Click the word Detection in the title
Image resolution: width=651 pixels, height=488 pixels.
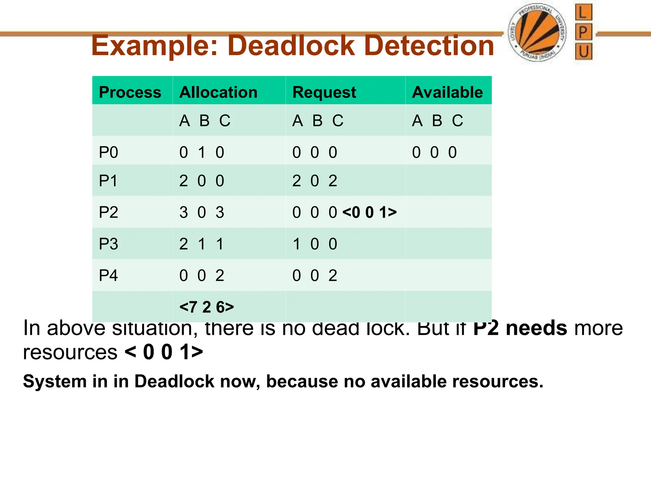pos(429,46)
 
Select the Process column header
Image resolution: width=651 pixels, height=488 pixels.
pos(130,92)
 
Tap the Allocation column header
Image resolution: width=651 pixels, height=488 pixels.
pos(218,92)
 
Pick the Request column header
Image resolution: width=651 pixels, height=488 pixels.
pos(324,92)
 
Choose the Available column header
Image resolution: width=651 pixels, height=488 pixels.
pos(447,92)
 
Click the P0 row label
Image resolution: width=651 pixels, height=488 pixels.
pos(108,152)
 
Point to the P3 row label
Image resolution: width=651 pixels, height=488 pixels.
pos(108,244)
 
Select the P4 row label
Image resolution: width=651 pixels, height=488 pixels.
pos(108,275)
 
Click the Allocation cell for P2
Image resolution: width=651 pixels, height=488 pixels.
pos(202,212)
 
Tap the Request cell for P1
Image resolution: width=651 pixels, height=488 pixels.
pos(315,181)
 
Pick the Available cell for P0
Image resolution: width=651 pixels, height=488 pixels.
pos(434,152)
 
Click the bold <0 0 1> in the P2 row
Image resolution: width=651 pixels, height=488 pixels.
pos(369,212)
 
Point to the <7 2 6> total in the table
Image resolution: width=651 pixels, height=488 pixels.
pos(207,307)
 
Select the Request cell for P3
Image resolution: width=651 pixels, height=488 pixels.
pos(315,244)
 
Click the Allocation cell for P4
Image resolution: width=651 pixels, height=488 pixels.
pos(202,275)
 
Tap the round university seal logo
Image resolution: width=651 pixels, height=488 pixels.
pos(537,33)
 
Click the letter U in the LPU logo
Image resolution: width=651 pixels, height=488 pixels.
pos(584,52)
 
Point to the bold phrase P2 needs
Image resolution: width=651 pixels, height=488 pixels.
pos(520,328)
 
